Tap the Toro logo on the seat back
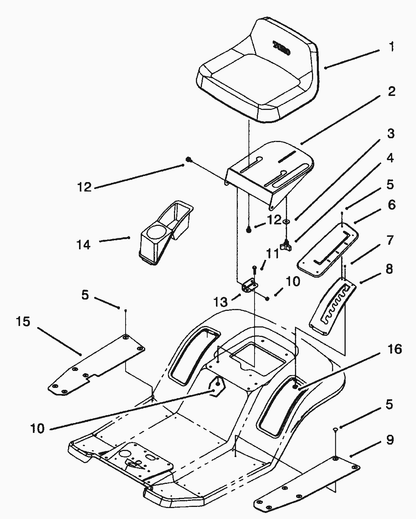click(x=282, y=48)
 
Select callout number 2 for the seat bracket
click(x=391, y=91)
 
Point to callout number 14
click(x=84, y=245)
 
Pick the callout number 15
click(x=23, y=322)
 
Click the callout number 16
click(x=395, y=349)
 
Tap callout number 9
click(x=390, y=440)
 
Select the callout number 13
click(x=221, y=302)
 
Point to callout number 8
click(x=389, y=269)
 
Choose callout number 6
click(x=391, y=205)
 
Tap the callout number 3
click(x=391, y=134)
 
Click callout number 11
click(x=273, y=253)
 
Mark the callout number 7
click(x=390, y=240)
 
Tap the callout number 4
click(x=390, y=158)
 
